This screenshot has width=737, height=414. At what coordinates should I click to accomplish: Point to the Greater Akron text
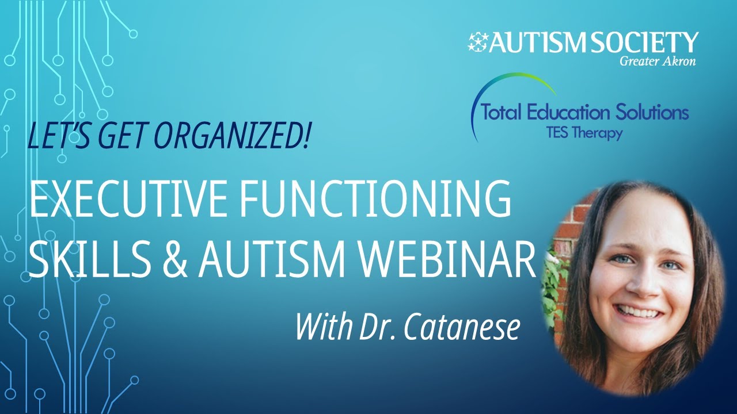point(658,62)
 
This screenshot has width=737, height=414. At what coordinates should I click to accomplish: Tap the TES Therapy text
point(585,133)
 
